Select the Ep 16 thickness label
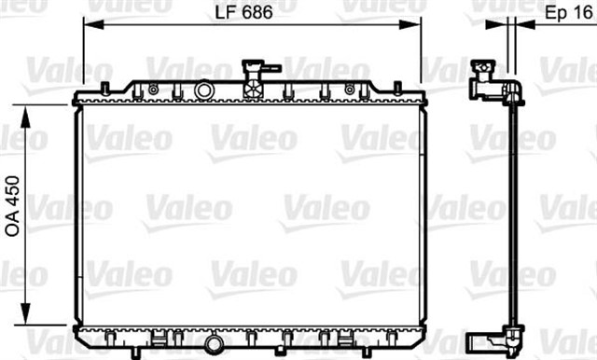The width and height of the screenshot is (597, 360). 563,13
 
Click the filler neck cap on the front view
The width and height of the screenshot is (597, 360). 253,67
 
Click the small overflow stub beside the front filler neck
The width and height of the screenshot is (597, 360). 272,67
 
